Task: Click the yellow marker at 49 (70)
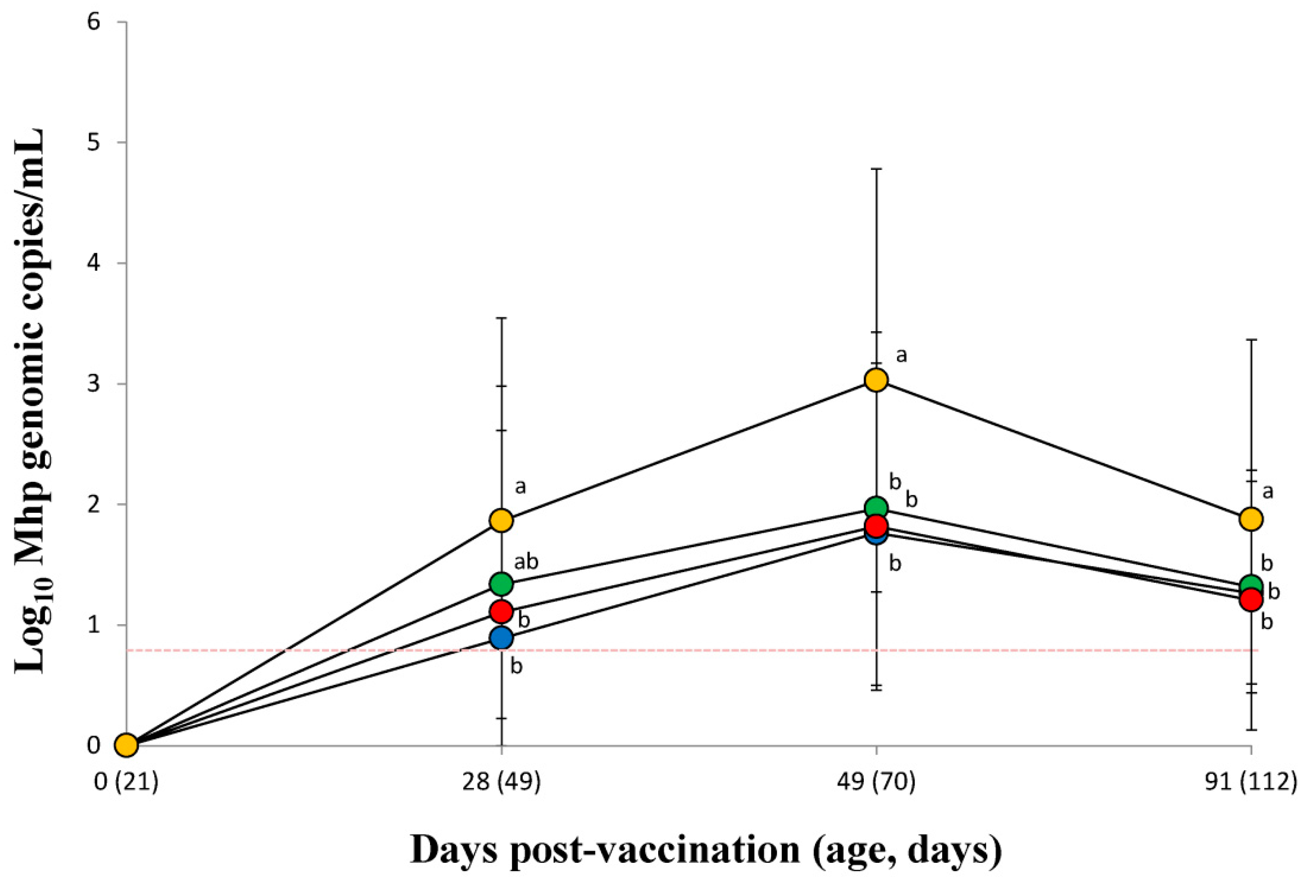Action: (876, 380)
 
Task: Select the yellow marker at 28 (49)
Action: (501, 520)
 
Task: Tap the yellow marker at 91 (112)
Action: (1251, 518)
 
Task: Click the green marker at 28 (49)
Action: (501, 584)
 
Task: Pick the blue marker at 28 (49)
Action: (501, 638)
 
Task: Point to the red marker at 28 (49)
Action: (501, 611)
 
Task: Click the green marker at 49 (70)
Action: (876, 507)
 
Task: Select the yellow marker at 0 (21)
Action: (126, 745)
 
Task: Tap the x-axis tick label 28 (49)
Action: (501, 783)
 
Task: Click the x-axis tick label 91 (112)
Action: (1251, 783)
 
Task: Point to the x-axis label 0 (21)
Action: (126, 783)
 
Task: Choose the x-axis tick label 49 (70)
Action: (876, 783)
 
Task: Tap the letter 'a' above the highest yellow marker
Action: (901, 355)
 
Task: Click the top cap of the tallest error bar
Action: (876, 168)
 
